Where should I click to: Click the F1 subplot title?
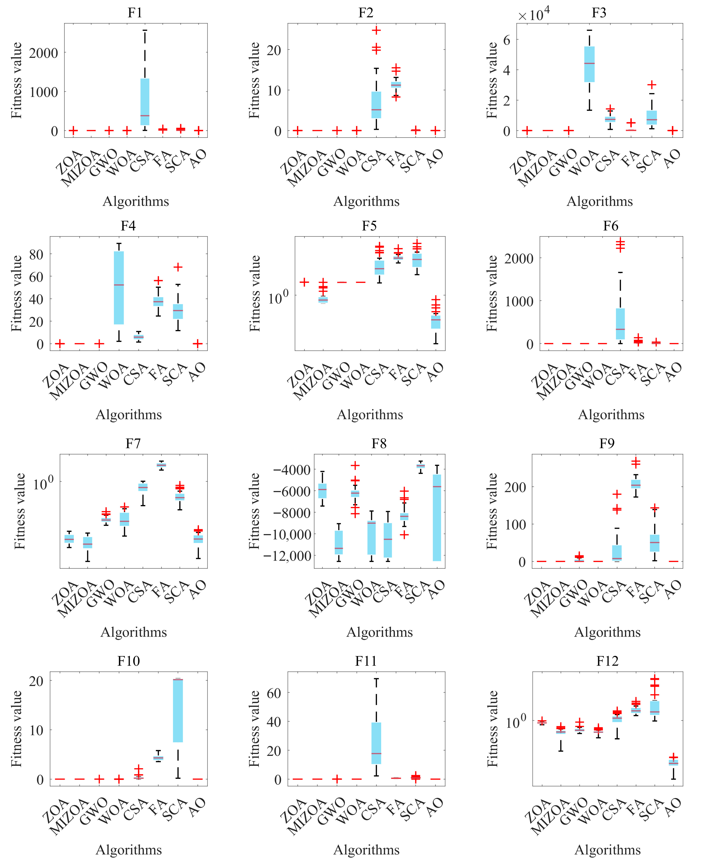(135, 13)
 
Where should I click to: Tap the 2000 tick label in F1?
(44, 53)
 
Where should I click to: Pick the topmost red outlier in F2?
(376, 30)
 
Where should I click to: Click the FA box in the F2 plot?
(396, 85)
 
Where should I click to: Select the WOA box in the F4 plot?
(119, 288)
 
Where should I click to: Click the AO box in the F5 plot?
(436, 322)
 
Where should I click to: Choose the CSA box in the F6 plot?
(620, 324)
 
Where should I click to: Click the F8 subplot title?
(379, 444)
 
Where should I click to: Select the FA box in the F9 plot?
(636, 484)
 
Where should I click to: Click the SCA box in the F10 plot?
(178, 710)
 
